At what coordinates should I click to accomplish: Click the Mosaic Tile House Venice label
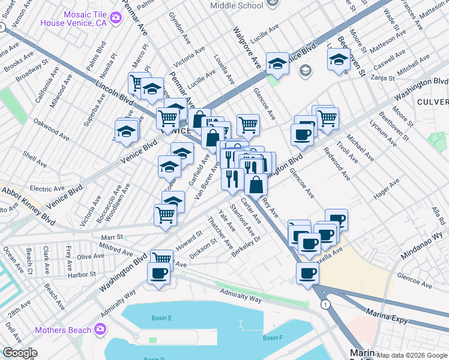click(x=73, y=18)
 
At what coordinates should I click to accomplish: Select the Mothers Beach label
click(x=63, y=330)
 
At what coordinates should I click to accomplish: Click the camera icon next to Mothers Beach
click(x=100, y=329)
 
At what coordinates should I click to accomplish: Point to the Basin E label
click(x=162, y=317)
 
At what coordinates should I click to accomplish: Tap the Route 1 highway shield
click(x=325, y=305)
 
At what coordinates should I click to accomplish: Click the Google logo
click(x=20, y=353)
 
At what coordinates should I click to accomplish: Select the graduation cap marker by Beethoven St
click(x=339, y=60)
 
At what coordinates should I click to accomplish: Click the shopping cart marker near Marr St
click(x=165, y=215)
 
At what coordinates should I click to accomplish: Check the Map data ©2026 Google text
click(x=411, y=355)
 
